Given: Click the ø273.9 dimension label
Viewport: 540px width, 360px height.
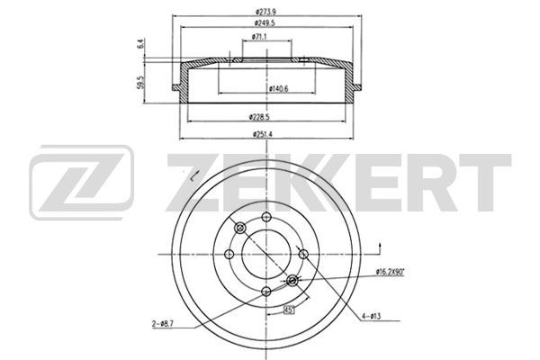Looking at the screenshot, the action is tap(265, 12).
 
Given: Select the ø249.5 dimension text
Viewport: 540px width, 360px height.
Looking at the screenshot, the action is tap(264, 23).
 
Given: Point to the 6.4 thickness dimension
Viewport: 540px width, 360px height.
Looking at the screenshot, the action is tap(139, 44).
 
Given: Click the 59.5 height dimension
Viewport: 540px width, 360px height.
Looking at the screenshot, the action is tap(140, 83).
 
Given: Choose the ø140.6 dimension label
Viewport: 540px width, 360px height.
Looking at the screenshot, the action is tap(278, 88).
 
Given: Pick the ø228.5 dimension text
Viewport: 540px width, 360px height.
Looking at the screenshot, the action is tap(259, 117).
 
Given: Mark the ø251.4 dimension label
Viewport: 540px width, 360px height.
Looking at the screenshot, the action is tap(263, 134).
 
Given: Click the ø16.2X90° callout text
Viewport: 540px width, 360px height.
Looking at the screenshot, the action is tap(390, 272).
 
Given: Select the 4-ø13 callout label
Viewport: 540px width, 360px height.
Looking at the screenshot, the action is tap(371, 316).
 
